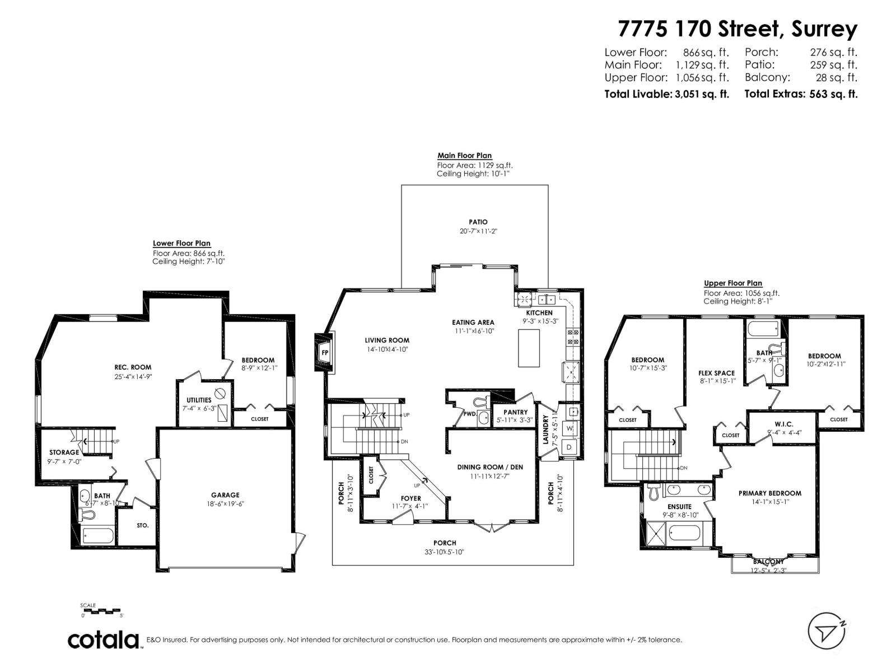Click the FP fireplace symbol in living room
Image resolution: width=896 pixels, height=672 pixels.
(x=324, y=352)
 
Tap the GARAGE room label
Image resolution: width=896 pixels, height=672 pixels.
(x=225, y=495)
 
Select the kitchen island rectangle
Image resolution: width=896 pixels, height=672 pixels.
(x=529, y=348)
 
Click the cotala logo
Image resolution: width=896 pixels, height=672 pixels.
(x=104, y=640)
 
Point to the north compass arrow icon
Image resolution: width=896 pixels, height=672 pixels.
(x=827, y=632)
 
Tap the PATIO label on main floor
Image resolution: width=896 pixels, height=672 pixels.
(x=478, y=222)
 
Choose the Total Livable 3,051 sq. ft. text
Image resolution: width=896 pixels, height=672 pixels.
(x=666, y=94)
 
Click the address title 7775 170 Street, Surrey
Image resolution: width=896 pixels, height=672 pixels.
(x=737, y=29)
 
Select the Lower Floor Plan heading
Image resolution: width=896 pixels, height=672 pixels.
(x=181, y=243)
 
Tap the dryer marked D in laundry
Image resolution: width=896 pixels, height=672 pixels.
(x=570, y=447)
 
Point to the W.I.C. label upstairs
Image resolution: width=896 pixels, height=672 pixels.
(x=784, y=424)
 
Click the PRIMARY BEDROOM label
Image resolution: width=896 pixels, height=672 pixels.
(x=769, y=493)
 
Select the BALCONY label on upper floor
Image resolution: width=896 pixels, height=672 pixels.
(x=768, y=562)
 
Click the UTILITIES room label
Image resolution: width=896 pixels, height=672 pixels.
(x=199, y=400)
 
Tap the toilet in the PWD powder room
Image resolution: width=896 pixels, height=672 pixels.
(x=480, y=402)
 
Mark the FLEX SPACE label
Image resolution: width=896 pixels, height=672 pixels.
(x=716, y=373)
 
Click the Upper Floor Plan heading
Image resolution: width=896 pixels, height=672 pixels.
(x=733, y=283)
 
